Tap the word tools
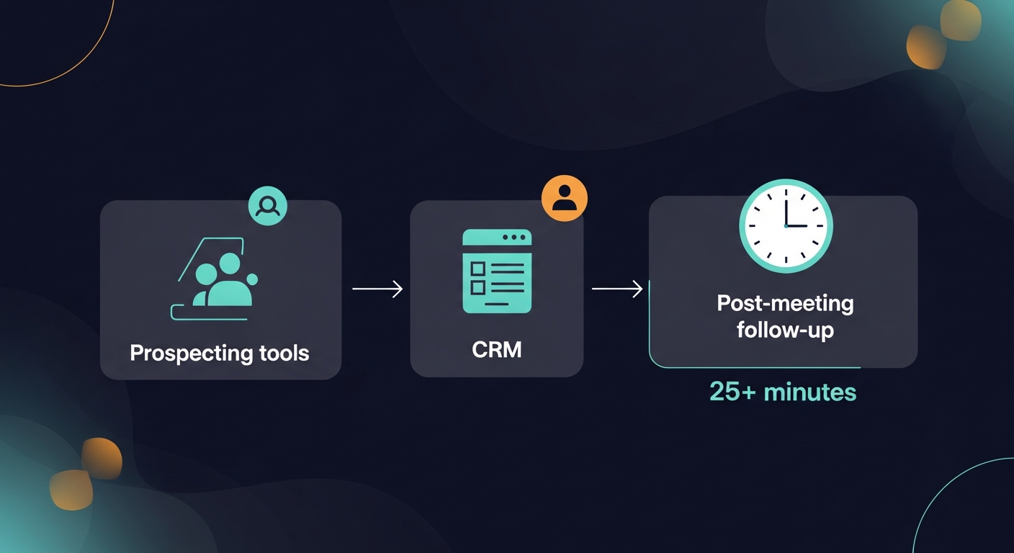click(x=284, y=354)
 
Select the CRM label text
click(x=496, y=350)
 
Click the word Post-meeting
click(x=785, y=303)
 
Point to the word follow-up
click(x=784, y=331)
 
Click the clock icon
click(x=786, y=225)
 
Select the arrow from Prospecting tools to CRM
click(x=377, y=289)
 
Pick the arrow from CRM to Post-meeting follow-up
click(x=616, y=289)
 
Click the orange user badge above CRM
click(x=564, y=197)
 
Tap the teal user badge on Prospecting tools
click(x=268, y=207)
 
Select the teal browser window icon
click(x=497, y=271)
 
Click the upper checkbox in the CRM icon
click(x=477, y=269)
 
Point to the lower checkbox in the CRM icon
click(x=477, y=287)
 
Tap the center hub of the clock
click(x=786, y=225)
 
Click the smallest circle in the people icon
click(x=252, y=279)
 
